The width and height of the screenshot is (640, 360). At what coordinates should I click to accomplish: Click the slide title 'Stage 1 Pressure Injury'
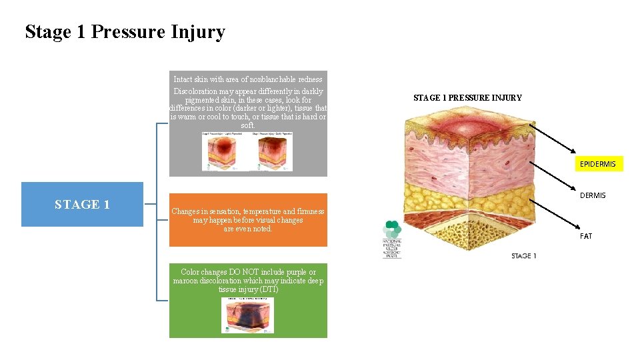pyautogui.click(x=125, y=32)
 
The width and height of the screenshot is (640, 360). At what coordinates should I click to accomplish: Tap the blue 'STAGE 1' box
pyautogui.click(x=82, y=205)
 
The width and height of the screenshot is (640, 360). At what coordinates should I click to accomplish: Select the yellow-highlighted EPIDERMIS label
pyautogui.click(x=598, y=164)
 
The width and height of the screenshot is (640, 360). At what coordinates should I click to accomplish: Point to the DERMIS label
pyautogui.click(x=593, y=195)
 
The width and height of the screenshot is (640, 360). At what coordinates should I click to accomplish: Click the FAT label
pyautogui.click(x=586, y=236)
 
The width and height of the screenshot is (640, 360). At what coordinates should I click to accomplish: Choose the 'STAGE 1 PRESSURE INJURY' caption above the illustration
pyautogui.click(x=467, y=98)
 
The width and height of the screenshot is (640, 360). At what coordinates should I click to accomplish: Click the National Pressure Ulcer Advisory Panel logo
pyautogui.click(x=392, y=239)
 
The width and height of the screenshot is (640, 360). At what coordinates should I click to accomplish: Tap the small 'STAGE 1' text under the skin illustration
pyautogui.click(x=524, y=256)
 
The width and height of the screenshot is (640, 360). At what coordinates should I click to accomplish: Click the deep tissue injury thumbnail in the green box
pyautogui.click(x=248, y=315)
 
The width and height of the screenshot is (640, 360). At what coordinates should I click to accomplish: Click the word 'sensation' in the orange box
pyautogui.click(x=222, y=211)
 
